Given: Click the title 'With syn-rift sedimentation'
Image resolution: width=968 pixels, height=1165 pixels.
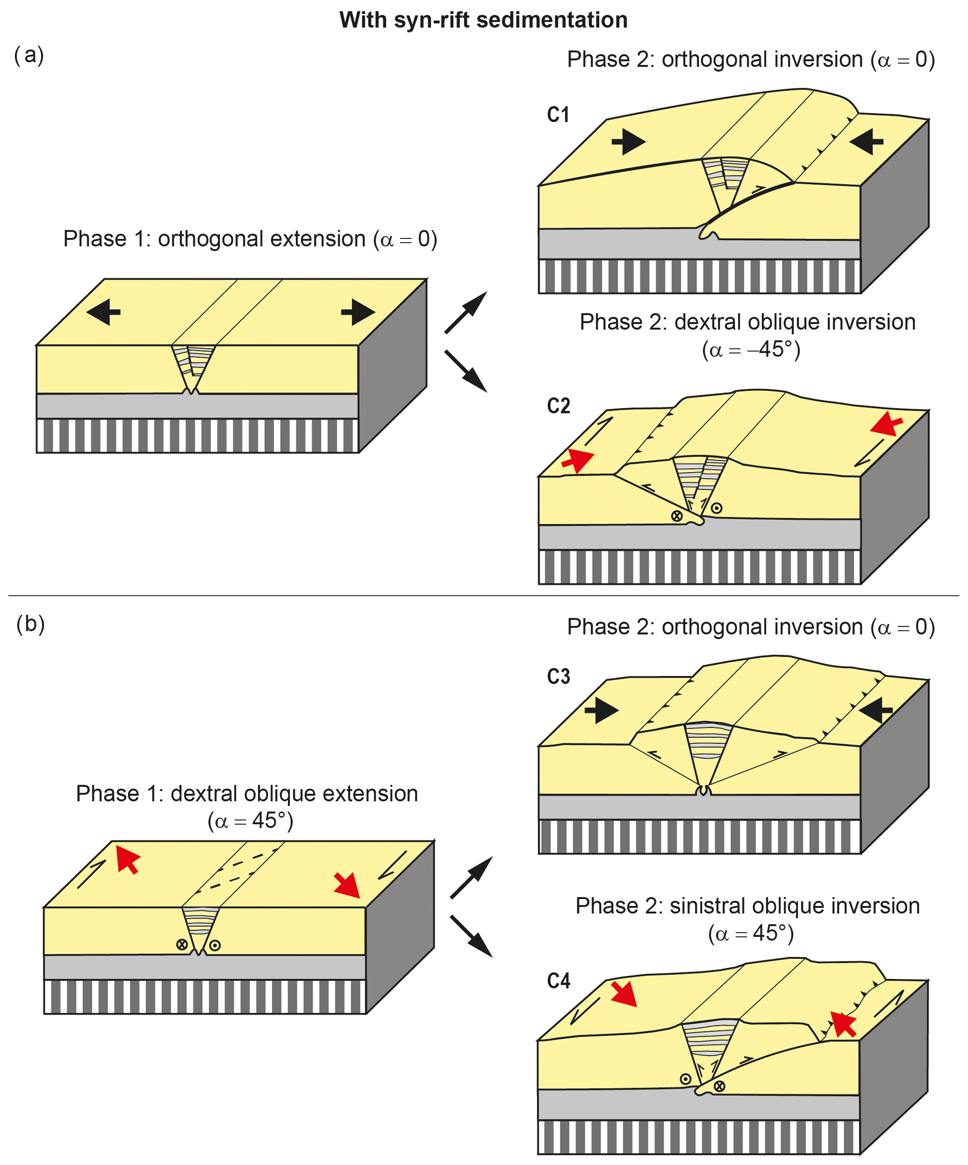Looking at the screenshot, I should point(483,20).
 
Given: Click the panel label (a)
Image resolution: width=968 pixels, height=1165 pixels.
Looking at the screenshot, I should point(29,55).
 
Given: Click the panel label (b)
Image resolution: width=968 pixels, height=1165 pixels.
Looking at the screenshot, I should point(30,623).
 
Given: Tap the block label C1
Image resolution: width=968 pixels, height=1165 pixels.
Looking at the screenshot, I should point(558,115).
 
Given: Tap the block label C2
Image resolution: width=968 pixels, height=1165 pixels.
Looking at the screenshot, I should point(558,406).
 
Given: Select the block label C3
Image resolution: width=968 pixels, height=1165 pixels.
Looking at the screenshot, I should point(558,676).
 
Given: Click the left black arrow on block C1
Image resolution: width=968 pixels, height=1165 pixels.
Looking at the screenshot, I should point(628,141).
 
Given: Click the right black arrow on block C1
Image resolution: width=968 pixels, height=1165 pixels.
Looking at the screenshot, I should point(866,141).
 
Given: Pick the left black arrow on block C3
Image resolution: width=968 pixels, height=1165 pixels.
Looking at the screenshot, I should point(601,710).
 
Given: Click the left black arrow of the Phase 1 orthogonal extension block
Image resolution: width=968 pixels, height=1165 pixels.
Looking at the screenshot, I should point(104,312).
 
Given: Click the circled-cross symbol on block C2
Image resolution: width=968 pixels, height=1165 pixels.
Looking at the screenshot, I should point(677,516).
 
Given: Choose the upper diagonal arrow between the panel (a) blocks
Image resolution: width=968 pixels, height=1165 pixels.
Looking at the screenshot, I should point(466,312).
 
